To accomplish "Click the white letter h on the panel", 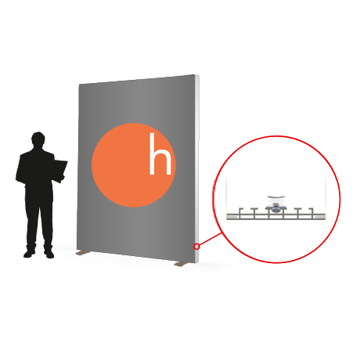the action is pyautogui.click(x=160, y=153).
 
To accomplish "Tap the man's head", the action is pyautogui.click(x=38, y=139).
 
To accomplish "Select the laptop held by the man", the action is pyautogui.click(x=59, y=170).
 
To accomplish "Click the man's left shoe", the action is pyautogui.click(x=29, y=253).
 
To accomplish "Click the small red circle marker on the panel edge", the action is pyautogui.click(x=196, y=247).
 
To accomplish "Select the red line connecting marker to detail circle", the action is pyautogui.click(x=211, y=240).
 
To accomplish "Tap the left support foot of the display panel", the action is pyautogui.click(x=81, y=253).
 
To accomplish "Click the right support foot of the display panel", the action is pyautogui.click(x=181, y=264).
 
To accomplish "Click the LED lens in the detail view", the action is pyautogui.click(x=275, y=200).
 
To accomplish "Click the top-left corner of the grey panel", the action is pyautogui.click(x=79, y=84).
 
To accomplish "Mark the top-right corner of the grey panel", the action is pyautogui.click(x=195, y=75).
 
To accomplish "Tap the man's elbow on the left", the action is pyautogui.click(x=18, y=179).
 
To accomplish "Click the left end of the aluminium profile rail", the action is pyautogui.click(x=228, y=217).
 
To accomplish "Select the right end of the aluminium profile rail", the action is pyautogui.click(x=325, y=217).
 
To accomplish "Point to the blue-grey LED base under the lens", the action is pyautogui.click(x=275, y=209).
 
